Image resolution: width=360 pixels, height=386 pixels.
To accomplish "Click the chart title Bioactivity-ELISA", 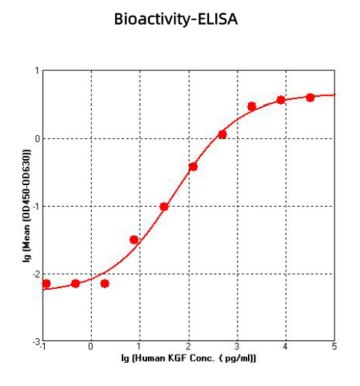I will coord(176,19).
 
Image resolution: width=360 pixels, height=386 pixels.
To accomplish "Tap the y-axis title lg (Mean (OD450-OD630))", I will coord(26,206).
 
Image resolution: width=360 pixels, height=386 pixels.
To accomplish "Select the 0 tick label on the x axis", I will coord(91,346).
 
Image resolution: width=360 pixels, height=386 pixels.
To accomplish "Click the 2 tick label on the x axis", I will coord(189,346).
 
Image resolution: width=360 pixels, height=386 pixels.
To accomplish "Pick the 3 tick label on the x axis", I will coord(238,346).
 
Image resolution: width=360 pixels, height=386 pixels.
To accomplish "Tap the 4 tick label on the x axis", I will coord(286,346).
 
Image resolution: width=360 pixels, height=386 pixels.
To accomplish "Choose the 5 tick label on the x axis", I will coord(334,346).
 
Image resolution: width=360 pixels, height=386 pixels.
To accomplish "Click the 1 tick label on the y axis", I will coord(37,71).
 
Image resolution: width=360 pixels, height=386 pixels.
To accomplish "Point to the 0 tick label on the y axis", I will coord(37,139).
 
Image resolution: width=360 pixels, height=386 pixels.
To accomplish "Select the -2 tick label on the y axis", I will coord(35,274).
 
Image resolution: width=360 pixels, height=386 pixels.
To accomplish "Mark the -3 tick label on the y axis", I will coord(35,341).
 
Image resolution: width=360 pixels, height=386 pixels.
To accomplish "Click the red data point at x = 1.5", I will coord(164,206).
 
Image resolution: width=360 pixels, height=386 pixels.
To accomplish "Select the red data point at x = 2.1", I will coord(193,166).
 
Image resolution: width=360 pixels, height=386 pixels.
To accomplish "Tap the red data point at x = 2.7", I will coord(222,134).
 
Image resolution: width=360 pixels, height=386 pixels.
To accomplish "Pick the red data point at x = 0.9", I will coord(134,240).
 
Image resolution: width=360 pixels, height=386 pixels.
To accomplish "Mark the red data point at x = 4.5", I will coord(310,98).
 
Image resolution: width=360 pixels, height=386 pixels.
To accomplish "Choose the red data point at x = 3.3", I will coord(252,106).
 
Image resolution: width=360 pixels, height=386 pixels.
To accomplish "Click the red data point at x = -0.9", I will coord(46,284).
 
